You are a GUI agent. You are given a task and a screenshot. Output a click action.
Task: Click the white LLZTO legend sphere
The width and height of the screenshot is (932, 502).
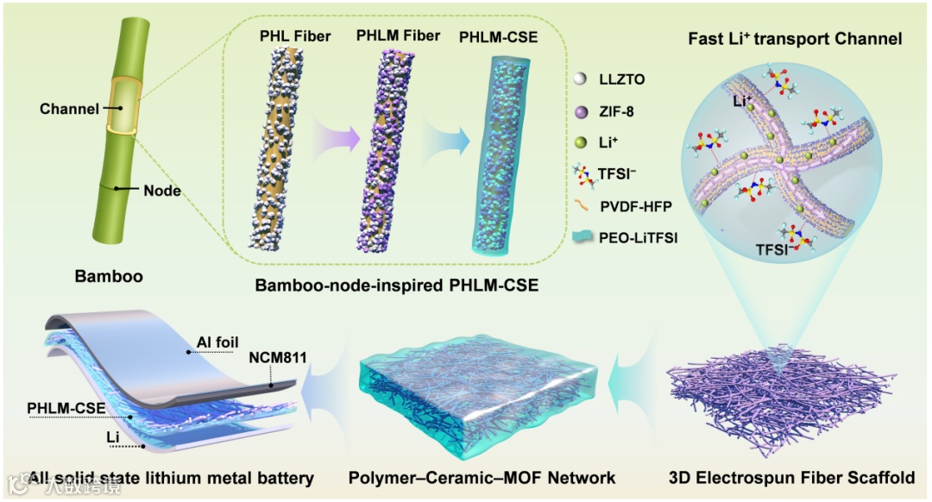(582, 80)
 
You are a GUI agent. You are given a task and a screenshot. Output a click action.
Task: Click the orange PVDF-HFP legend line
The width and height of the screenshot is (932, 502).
(582, 205)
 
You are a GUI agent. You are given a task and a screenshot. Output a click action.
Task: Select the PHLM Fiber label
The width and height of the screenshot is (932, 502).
(398, 36)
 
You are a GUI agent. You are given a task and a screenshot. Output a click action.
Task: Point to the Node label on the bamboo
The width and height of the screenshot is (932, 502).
(162, 191)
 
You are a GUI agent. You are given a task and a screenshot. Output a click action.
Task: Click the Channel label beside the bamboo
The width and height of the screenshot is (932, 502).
(66, 109)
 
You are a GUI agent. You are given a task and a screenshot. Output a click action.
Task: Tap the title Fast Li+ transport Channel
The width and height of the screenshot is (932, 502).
(795, 39)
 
